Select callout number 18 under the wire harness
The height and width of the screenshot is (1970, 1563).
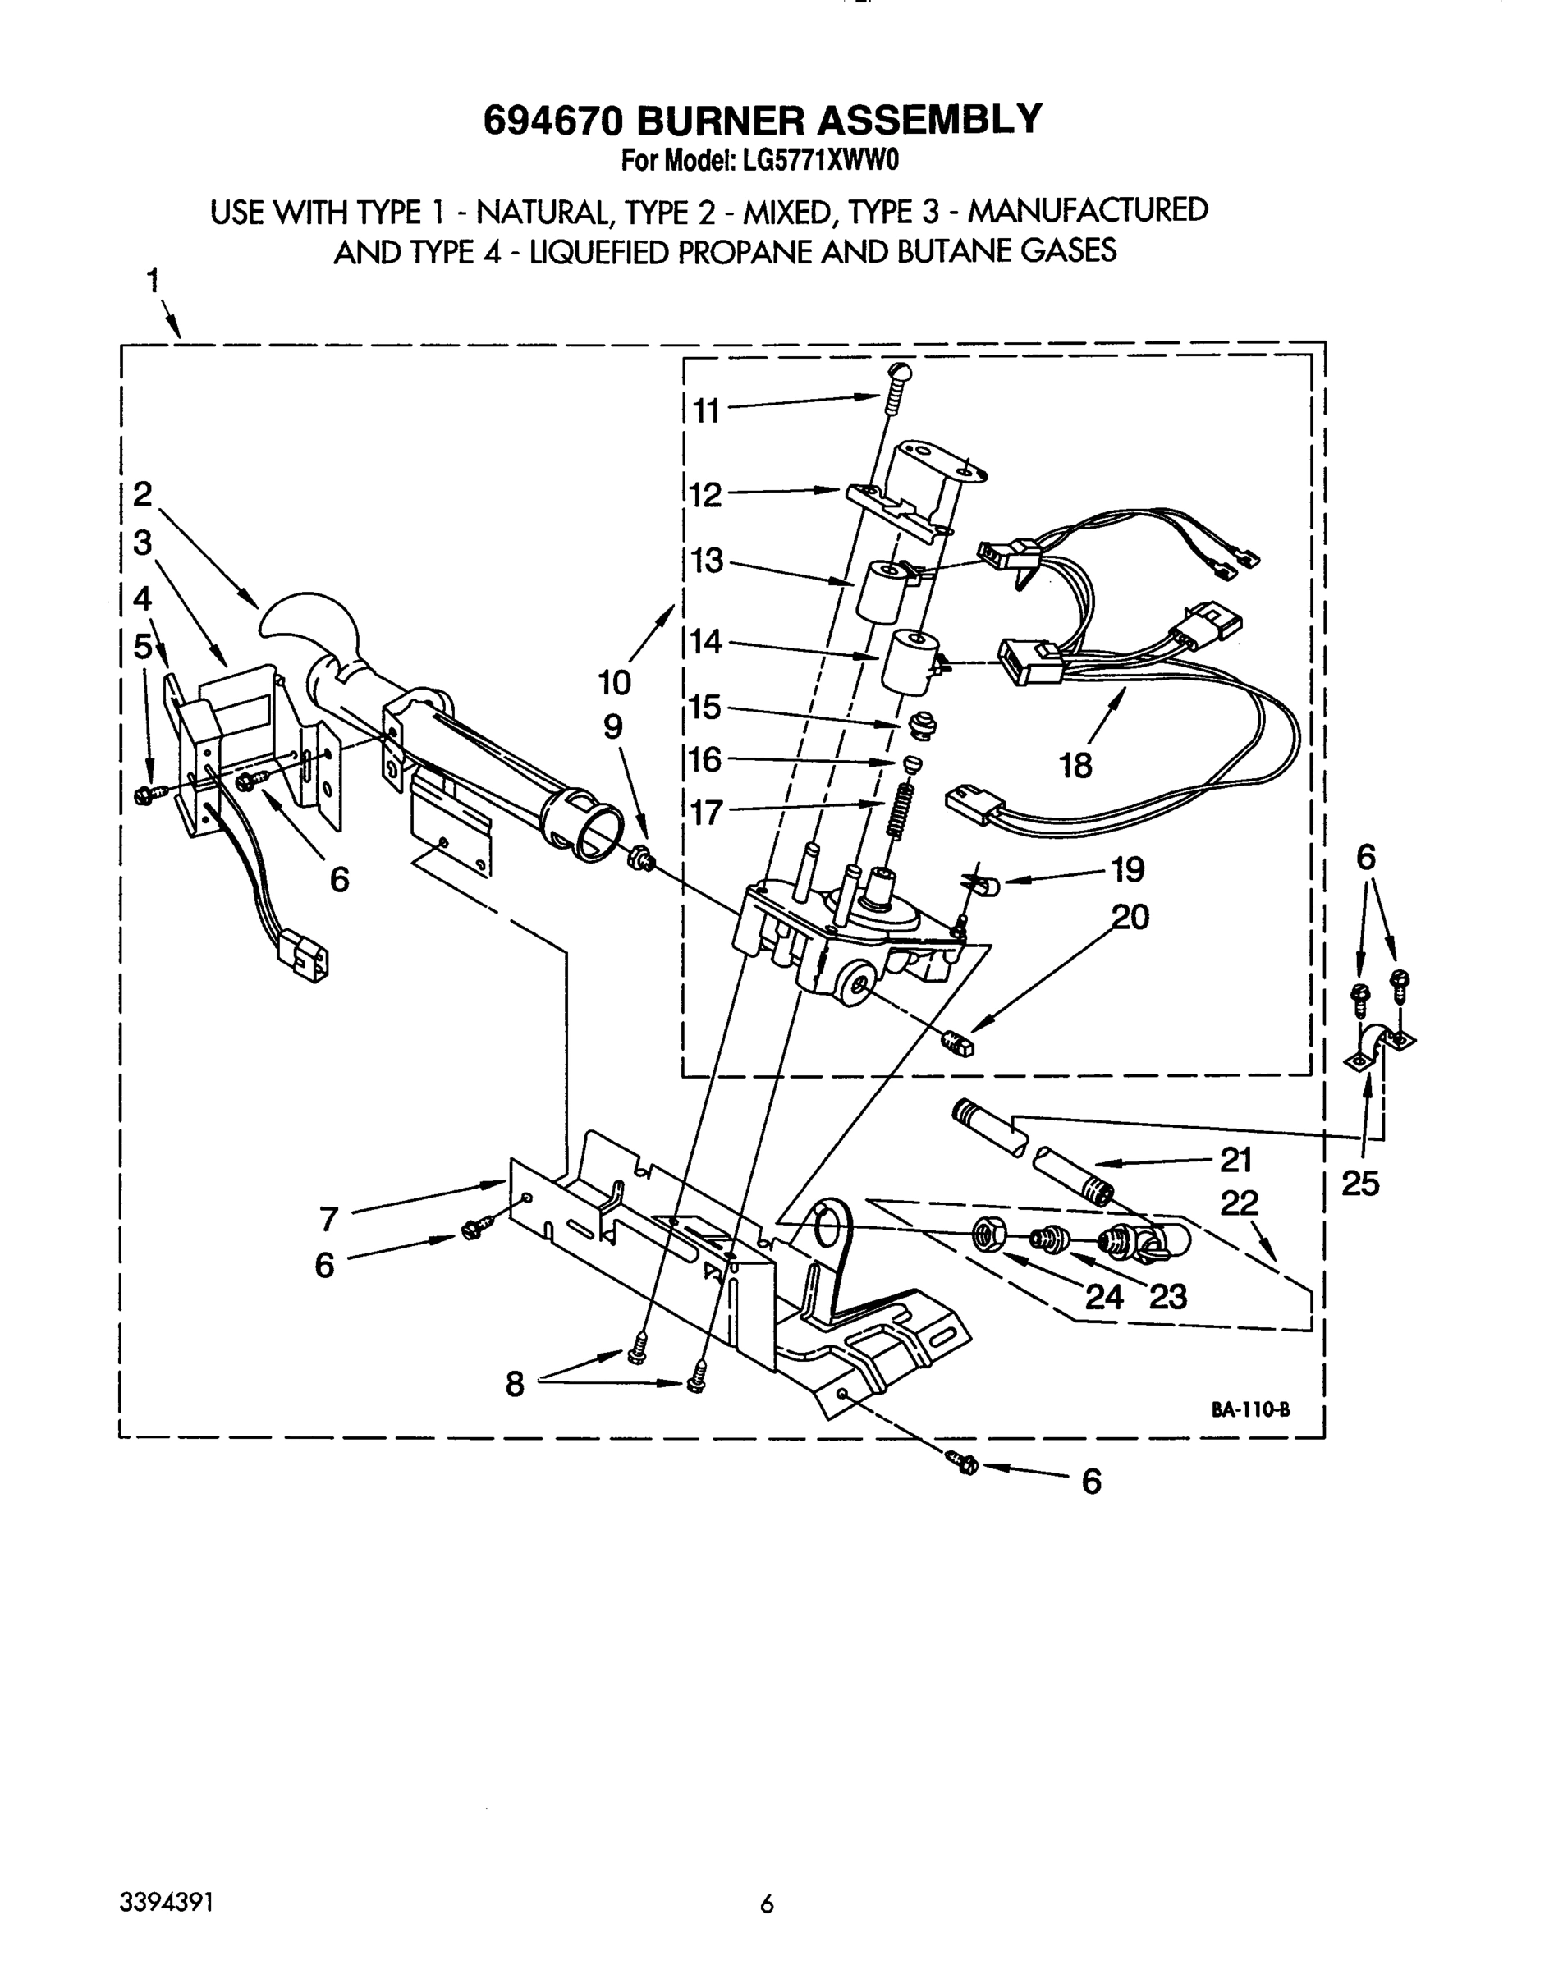1075,765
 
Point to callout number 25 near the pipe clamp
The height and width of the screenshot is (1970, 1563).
1359,1184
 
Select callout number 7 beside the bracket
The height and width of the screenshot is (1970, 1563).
329,1218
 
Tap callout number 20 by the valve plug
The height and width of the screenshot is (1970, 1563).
1130,917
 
